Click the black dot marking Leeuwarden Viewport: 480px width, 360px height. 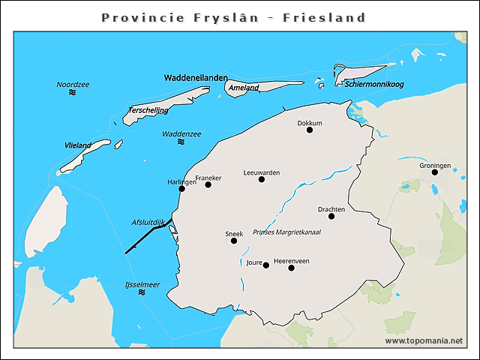coord(262,179)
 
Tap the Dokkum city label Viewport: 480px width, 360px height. coord(310,123)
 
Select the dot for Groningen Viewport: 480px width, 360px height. coord(435,172)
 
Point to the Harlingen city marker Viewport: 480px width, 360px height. coord(182,189)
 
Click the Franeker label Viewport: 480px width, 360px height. coord(208,178)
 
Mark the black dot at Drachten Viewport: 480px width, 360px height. coord(331,217)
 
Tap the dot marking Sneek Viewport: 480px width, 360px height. coord(234,241)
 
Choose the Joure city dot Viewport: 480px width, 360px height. coord(265,265)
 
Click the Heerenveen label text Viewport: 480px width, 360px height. coord(292,260)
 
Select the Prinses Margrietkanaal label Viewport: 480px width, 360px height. coord(286,232)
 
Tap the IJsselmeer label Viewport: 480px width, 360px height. coord(142,284)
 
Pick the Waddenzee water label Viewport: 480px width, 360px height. coord(181,133)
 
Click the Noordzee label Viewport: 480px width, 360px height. coord(73,84)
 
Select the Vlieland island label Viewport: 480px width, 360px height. coord(78,145)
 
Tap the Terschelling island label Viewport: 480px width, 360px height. coord(148,110)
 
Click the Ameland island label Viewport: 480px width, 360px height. coord(244,88)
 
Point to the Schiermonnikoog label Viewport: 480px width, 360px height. coord(374,84)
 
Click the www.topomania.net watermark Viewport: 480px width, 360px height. coord(424,340)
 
